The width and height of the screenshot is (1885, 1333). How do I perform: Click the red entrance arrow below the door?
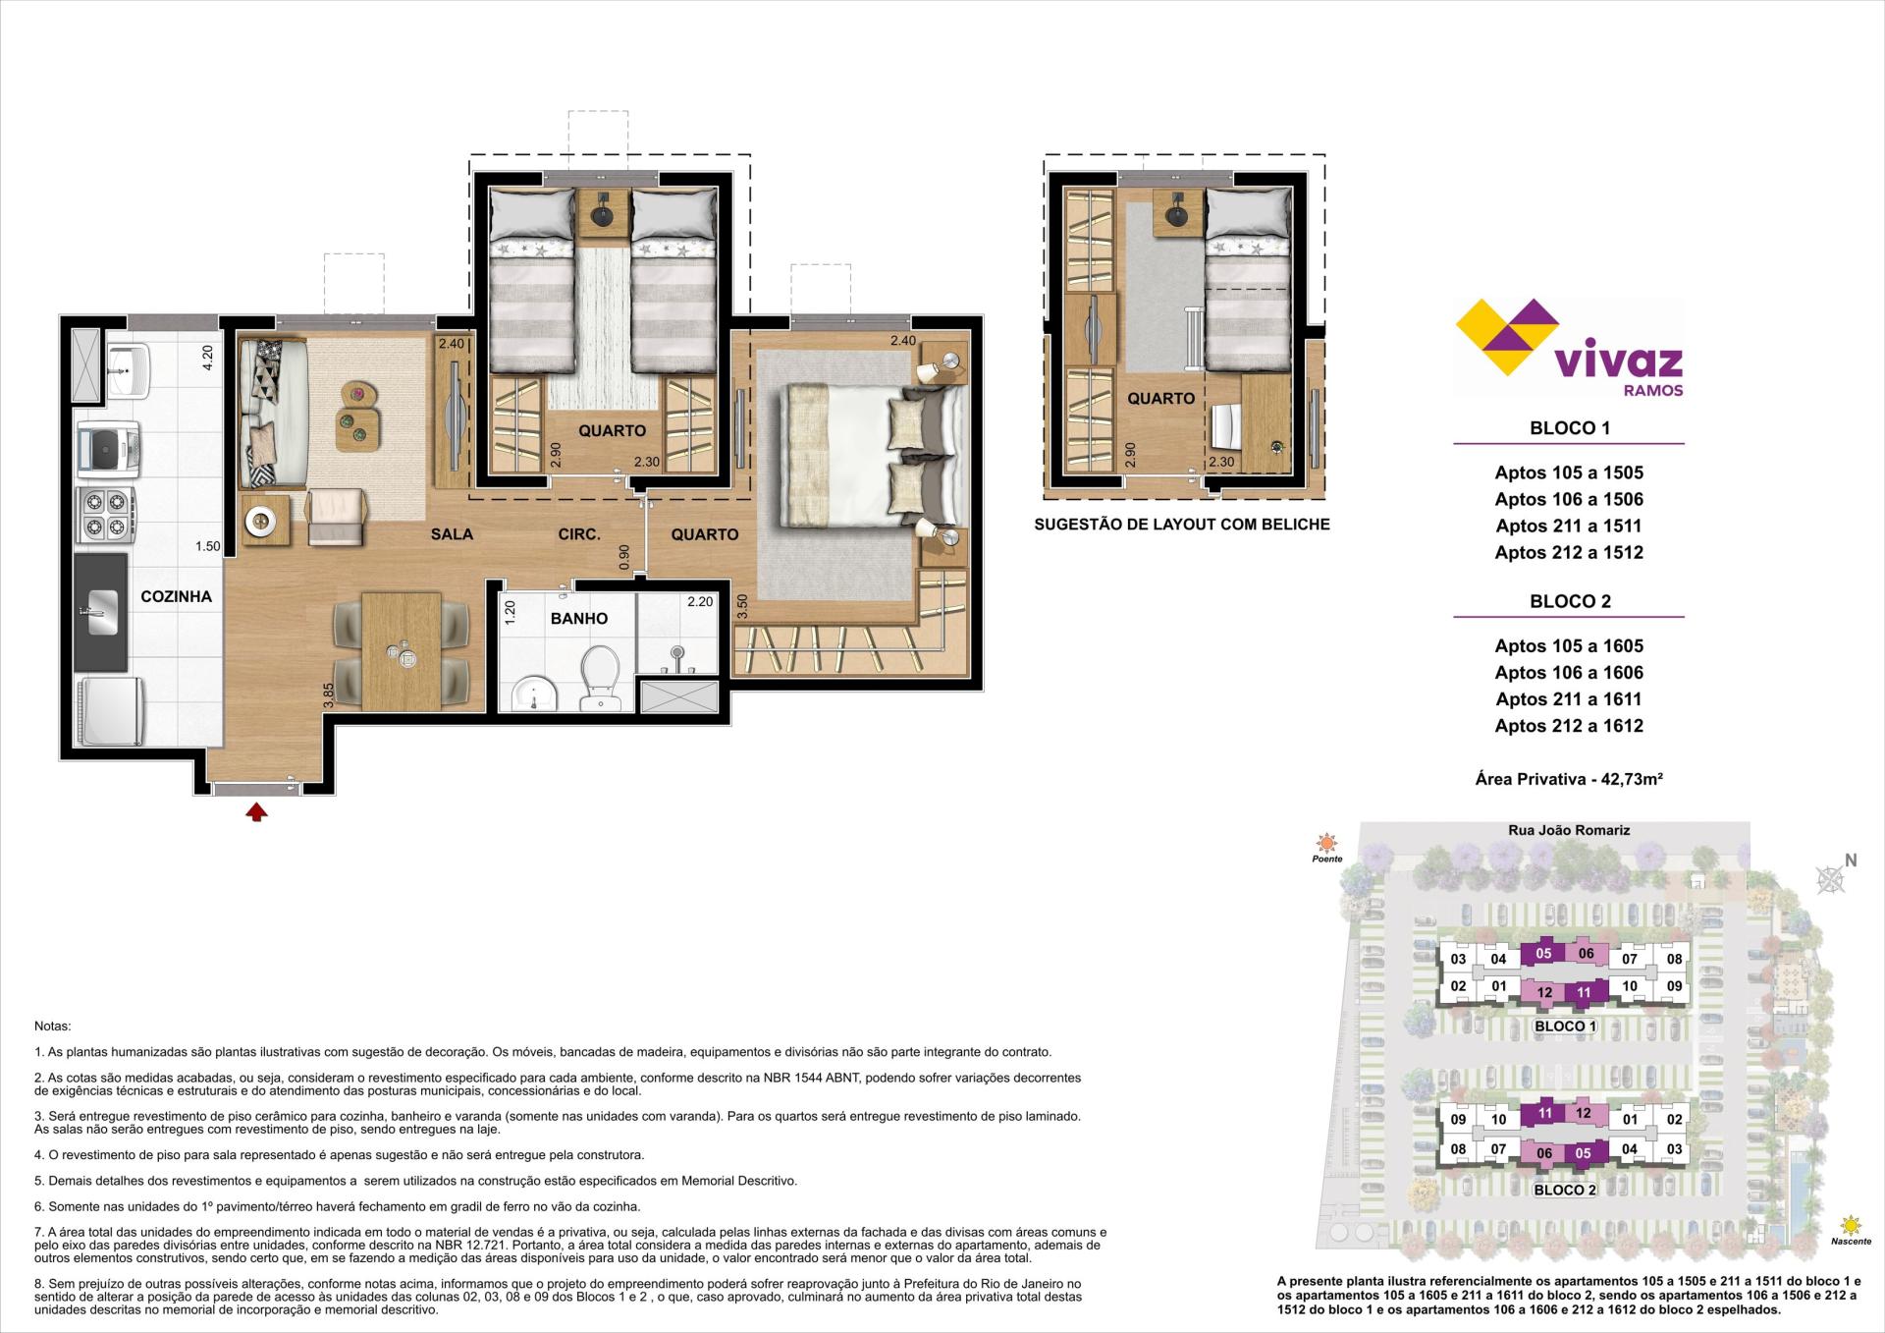coord(256,811)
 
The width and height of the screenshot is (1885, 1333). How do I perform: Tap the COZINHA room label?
coord(176,596)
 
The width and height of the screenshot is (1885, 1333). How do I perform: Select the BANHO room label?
coord(578,619)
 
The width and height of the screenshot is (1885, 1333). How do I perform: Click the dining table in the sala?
coord(401,649)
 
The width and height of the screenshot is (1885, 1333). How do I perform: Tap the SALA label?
coord(452,534)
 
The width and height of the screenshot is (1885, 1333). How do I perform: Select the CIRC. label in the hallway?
coord(579,534)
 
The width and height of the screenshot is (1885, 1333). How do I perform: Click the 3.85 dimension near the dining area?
coord(329,695)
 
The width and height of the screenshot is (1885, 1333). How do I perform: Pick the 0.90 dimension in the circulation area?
coord(624,557)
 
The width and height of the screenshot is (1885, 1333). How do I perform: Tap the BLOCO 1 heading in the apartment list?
coord(1570,428)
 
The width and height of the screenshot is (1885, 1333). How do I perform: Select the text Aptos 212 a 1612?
coord(1569,726)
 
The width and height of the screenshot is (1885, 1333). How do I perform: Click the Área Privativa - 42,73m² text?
coord(1569,779)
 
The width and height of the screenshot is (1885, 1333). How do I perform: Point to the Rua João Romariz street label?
coord(1569,830)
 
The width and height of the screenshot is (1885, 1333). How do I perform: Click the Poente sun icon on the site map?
coord(1327,842)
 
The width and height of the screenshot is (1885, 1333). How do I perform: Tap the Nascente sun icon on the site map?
coord(1851,1225)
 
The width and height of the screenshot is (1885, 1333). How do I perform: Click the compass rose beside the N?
coord(1830,880)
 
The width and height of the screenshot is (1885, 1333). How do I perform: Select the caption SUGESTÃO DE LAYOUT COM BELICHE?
coord(1182,525)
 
